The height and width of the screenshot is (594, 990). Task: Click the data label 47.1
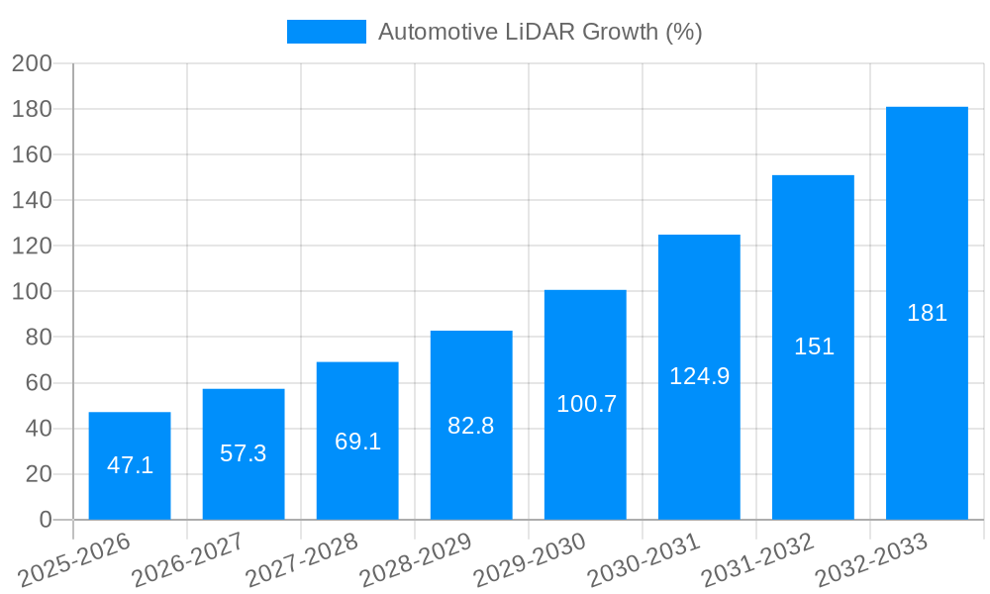[130, 465]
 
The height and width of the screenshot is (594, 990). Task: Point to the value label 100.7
[586, 404]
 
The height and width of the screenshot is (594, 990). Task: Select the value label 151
[814, 346]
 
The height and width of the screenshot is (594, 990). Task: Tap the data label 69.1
[357, 442]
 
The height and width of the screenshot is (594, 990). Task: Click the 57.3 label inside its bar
[244, 453]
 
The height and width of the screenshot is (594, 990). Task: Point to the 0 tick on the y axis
[45, 520]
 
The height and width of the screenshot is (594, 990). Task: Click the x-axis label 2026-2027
[188, 559]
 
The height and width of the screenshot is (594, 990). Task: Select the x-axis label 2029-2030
[530, 559]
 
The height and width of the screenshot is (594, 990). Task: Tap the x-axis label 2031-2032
[757, 559]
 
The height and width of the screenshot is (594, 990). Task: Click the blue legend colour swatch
[326, 32]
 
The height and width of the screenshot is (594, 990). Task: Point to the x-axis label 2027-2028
[302, 559]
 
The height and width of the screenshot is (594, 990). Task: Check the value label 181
[927, 313]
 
